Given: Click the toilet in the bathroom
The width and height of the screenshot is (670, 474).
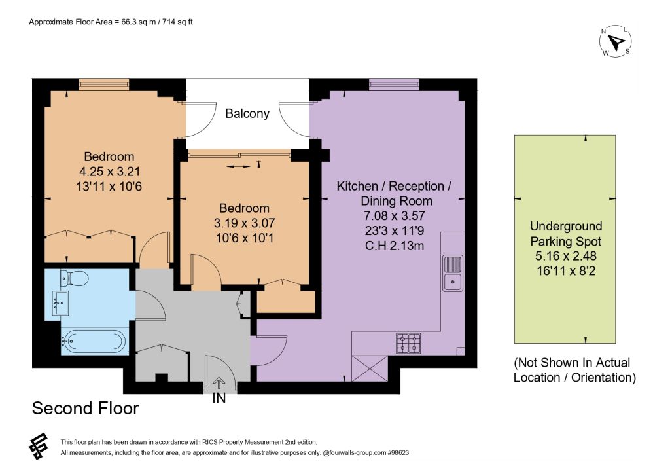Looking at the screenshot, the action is (75, 278).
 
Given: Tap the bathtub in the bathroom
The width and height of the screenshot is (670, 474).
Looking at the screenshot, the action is (94, 342).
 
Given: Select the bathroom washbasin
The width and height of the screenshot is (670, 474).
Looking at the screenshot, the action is (60, 302).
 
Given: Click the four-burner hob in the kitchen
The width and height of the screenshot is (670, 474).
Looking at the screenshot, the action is (408, 343).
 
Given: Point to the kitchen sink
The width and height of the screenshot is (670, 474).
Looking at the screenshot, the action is (453, 273).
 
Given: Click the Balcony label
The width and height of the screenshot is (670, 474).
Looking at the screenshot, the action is (247, 113).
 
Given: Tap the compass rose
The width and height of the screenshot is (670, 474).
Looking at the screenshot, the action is (616, 41).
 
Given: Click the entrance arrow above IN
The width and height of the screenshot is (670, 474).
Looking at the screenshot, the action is (219, 382).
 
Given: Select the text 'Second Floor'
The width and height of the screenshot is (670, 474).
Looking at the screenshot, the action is (86, 408).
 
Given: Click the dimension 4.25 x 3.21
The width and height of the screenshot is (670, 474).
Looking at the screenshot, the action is (110, 172).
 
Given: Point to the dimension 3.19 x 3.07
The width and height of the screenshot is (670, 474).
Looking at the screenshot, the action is (245, 223).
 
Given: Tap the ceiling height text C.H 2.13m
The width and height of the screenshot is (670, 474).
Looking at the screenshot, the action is (395, 246).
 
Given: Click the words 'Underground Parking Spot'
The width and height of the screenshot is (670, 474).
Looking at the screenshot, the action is (566, 234).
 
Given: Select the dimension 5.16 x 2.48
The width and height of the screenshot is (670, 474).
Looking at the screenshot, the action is (566, 256).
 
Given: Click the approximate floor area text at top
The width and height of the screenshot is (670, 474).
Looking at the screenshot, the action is (111, 22).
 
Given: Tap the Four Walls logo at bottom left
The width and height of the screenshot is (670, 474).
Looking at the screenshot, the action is (39, 447).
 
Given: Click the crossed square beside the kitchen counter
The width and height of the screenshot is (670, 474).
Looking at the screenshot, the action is (370, 369).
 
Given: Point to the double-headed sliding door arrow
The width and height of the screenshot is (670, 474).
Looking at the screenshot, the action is (238, 166).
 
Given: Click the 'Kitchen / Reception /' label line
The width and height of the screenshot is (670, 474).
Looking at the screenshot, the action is (394, 187).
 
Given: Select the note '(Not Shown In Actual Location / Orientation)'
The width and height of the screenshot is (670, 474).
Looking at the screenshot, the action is (574, 370).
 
